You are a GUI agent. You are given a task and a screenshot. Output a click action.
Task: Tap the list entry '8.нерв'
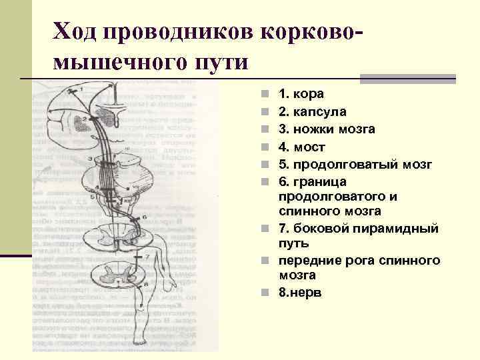(300, 292)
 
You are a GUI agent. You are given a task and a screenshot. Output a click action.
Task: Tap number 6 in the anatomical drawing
(144, 218)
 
